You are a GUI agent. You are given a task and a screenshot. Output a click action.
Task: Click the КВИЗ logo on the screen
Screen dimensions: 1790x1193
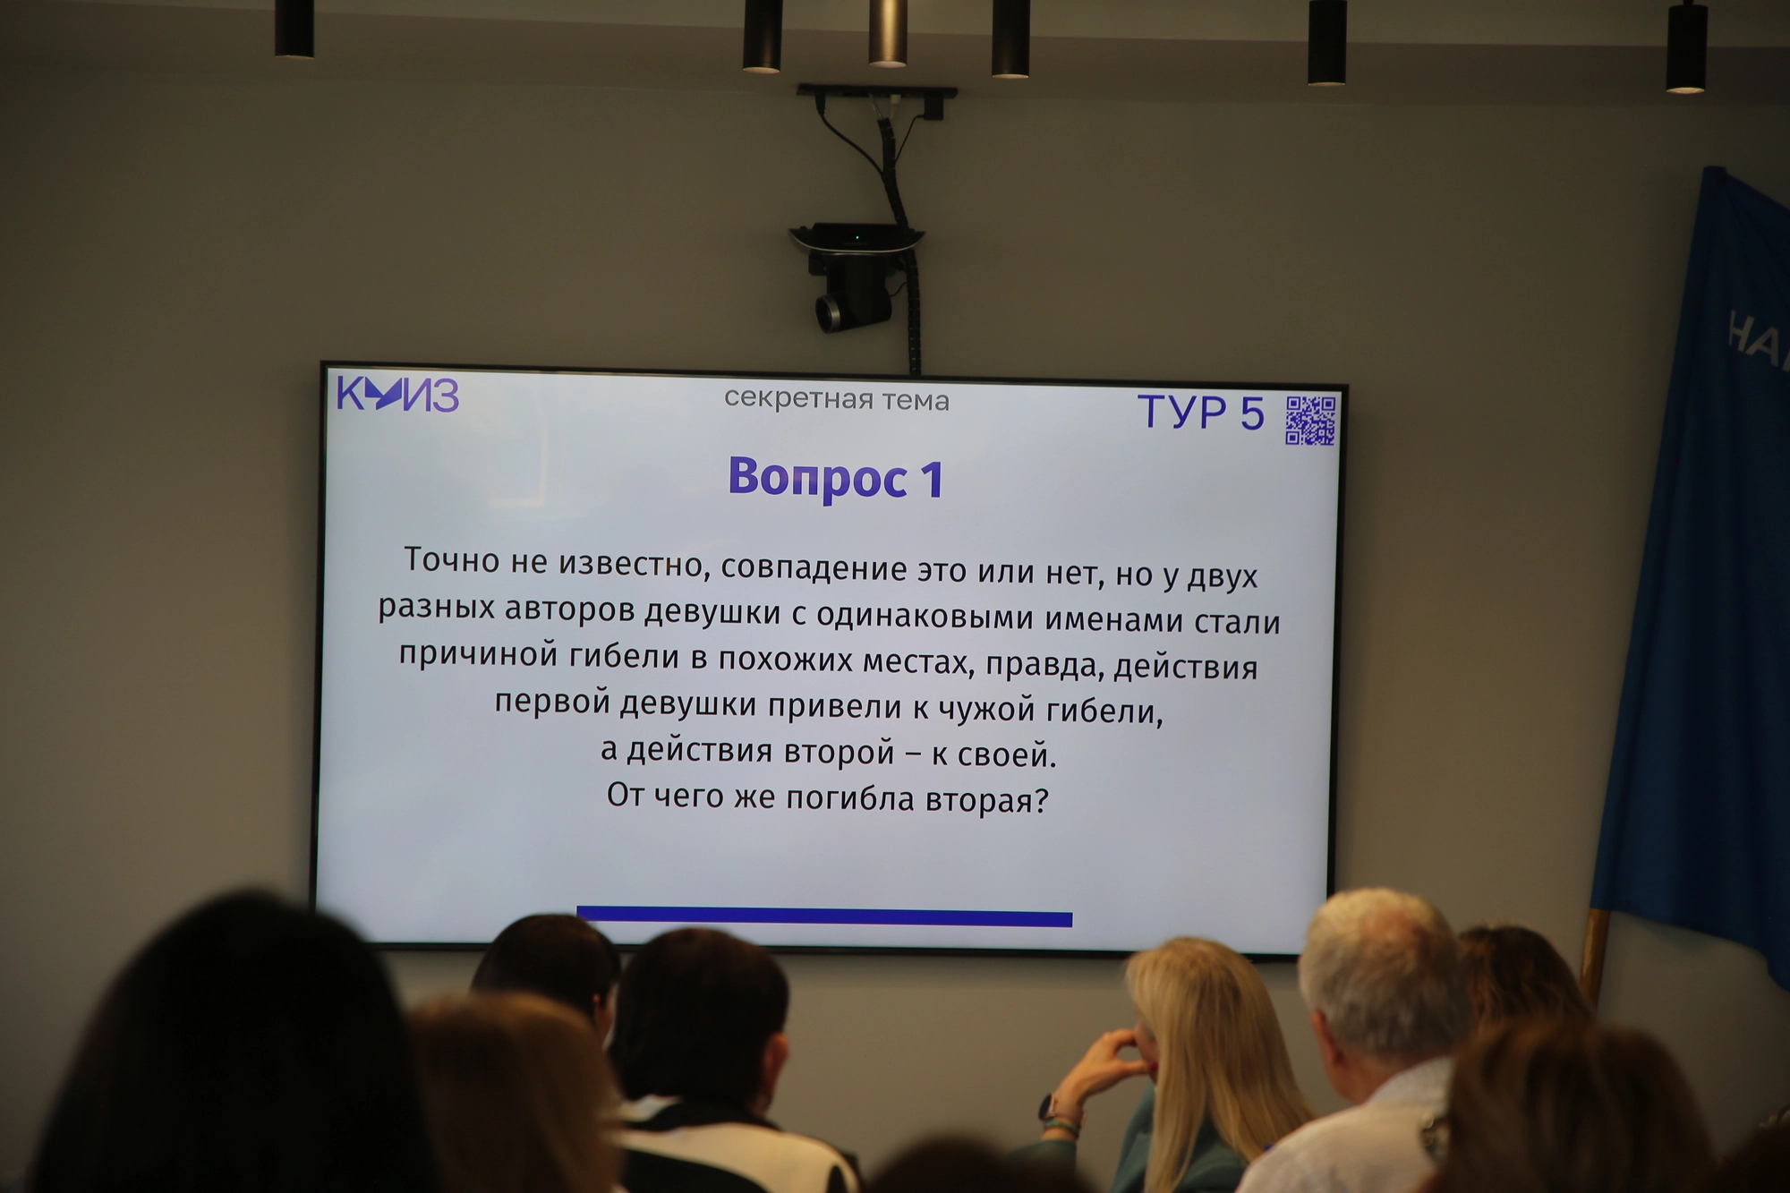(398, 394)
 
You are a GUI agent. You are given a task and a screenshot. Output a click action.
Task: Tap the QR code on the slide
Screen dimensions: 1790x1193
(1311, 420)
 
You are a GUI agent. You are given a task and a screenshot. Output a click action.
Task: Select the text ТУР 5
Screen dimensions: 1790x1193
(1200, 413)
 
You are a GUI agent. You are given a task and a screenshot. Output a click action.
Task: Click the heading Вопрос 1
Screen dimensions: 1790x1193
(836, 478)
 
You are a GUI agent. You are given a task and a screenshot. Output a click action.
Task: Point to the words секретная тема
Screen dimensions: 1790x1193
(837, 399)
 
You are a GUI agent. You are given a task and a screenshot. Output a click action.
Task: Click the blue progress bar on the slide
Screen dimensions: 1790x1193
(824, 916)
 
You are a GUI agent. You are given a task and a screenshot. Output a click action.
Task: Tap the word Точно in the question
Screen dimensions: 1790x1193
(452, 560)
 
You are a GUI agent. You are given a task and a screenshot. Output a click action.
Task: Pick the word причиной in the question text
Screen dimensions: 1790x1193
(477, 654)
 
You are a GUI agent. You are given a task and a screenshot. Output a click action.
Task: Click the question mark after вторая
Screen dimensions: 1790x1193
(1040, 799)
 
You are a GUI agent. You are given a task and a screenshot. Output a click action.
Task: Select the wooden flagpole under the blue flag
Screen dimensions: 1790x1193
(1593, 958)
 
